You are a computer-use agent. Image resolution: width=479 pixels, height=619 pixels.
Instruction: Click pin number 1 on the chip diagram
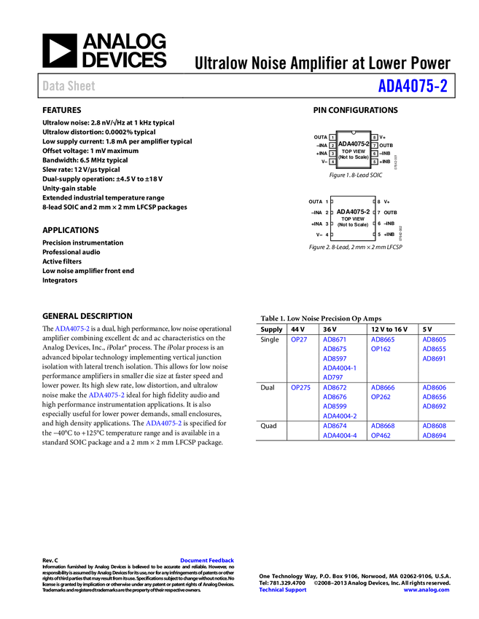pos(332,138)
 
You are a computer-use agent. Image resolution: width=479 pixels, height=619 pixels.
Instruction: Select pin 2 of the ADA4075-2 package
pos(332,146)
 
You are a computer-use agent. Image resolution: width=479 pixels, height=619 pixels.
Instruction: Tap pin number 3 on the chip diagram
pos(332,154)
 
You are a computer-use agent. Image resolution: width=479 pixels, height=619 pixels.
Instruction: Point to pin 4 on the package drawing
pos(332,162)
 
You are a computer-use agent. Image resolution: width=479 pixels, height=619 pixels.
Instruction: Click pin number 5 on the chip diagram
pos(374,162)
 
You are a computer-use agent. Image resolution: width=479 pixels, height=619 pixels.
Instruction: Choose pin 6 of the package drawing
pos(374,154)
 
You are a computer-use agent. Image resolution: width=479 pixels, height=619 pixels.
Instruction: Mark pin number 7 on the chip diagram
pos(374,146)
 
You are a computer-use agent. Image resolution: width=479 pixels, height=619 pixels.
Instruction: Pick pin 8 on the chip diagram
pos(374,138)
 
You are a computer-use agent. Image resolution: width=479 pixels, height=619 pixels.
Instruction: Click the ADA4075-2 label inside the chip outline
pos(354,144)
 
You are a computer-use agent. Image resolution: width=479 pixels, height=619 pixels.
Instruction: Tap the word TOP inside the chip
pos(347,151)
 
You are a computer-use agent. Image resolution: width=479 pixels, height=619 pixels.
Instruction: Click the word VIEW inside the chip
pos(358,151)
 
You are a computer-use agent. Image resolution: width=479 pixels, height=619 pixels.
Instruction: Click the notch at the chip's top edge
pos(354,133)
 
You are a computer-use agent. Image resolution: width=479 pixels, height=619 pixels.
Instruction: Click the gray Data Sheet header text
pos(69,86)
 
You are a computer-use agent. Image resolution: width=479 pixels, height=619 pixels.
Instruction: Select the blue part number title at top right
pos(412,86)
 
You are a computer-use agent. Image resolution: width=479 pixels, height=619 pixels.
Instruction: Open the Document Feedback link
pos(208,561)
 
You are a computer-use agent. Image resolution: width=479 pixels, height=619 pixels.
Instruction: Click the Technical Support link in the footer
pos(283,590)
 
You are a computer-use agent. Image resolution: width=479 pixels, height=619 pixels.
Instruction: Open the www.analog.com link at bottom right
pos(426,590)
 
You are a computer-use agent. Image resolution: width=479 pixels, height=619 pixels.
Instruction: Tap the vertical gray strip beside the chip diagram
pos(395,162)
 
